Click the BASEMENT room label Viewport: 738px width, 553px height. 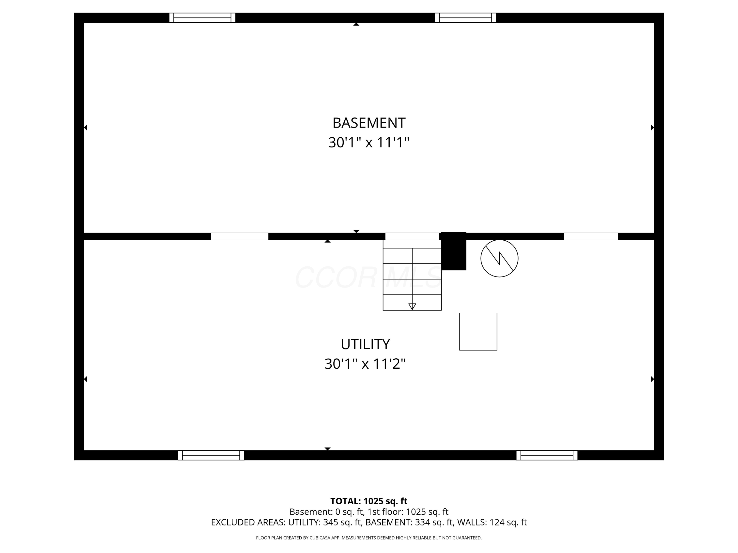[369, 123]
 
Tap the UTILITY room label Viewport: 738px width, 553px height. [365, 344]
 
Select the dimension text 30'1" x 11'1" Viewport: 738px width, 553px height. [369, 142]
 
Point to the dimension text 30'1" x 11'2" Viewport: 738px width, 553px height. [365, 364]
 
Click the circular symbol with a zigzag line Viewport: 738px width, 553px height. [499, 258]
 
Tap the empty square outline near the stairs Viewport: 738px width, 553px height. [478, 332]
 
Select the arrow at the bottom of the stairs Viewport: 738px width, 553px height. [412, 306]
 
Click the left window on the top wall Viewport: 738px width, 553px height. [202, 18]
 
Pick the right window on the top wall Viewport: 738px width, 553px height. [465, 18]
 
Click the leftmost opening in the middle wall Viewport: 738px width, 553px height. [240, 236]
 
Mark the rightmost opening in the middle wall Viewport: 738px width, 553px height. [591, 236]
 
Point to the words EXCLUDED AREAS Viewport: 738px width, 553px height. [248, 522]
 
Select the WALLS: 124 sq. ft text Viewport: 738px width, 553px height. [492, 522]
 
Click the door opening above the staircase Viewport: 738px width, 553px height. [412, 236]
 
